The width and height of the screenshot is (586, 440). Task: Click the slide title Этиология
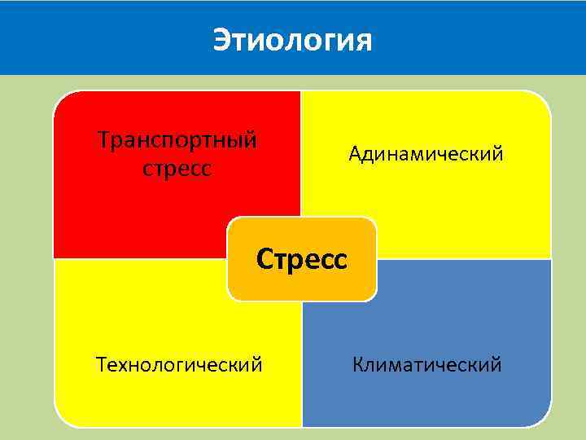[292, 39]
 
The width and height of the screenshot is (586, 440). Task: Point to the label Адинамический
[426, 153]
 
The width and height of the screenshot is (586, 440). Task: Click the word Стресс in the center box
[302, 259]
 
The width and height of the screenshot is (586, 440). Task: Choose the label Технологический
[179, 363]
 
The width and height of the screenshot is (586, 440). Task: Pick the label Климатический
[427, 363]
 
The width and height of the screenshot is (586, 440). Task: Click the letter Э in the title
[222, 39]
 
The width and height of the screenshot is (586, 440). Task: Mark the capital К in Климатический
[358, 363]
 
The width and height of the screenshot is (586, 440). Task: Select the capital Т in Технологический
[101, 363]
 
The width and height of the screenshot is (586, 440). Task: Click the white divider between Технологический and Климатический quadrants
[301, 367]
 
